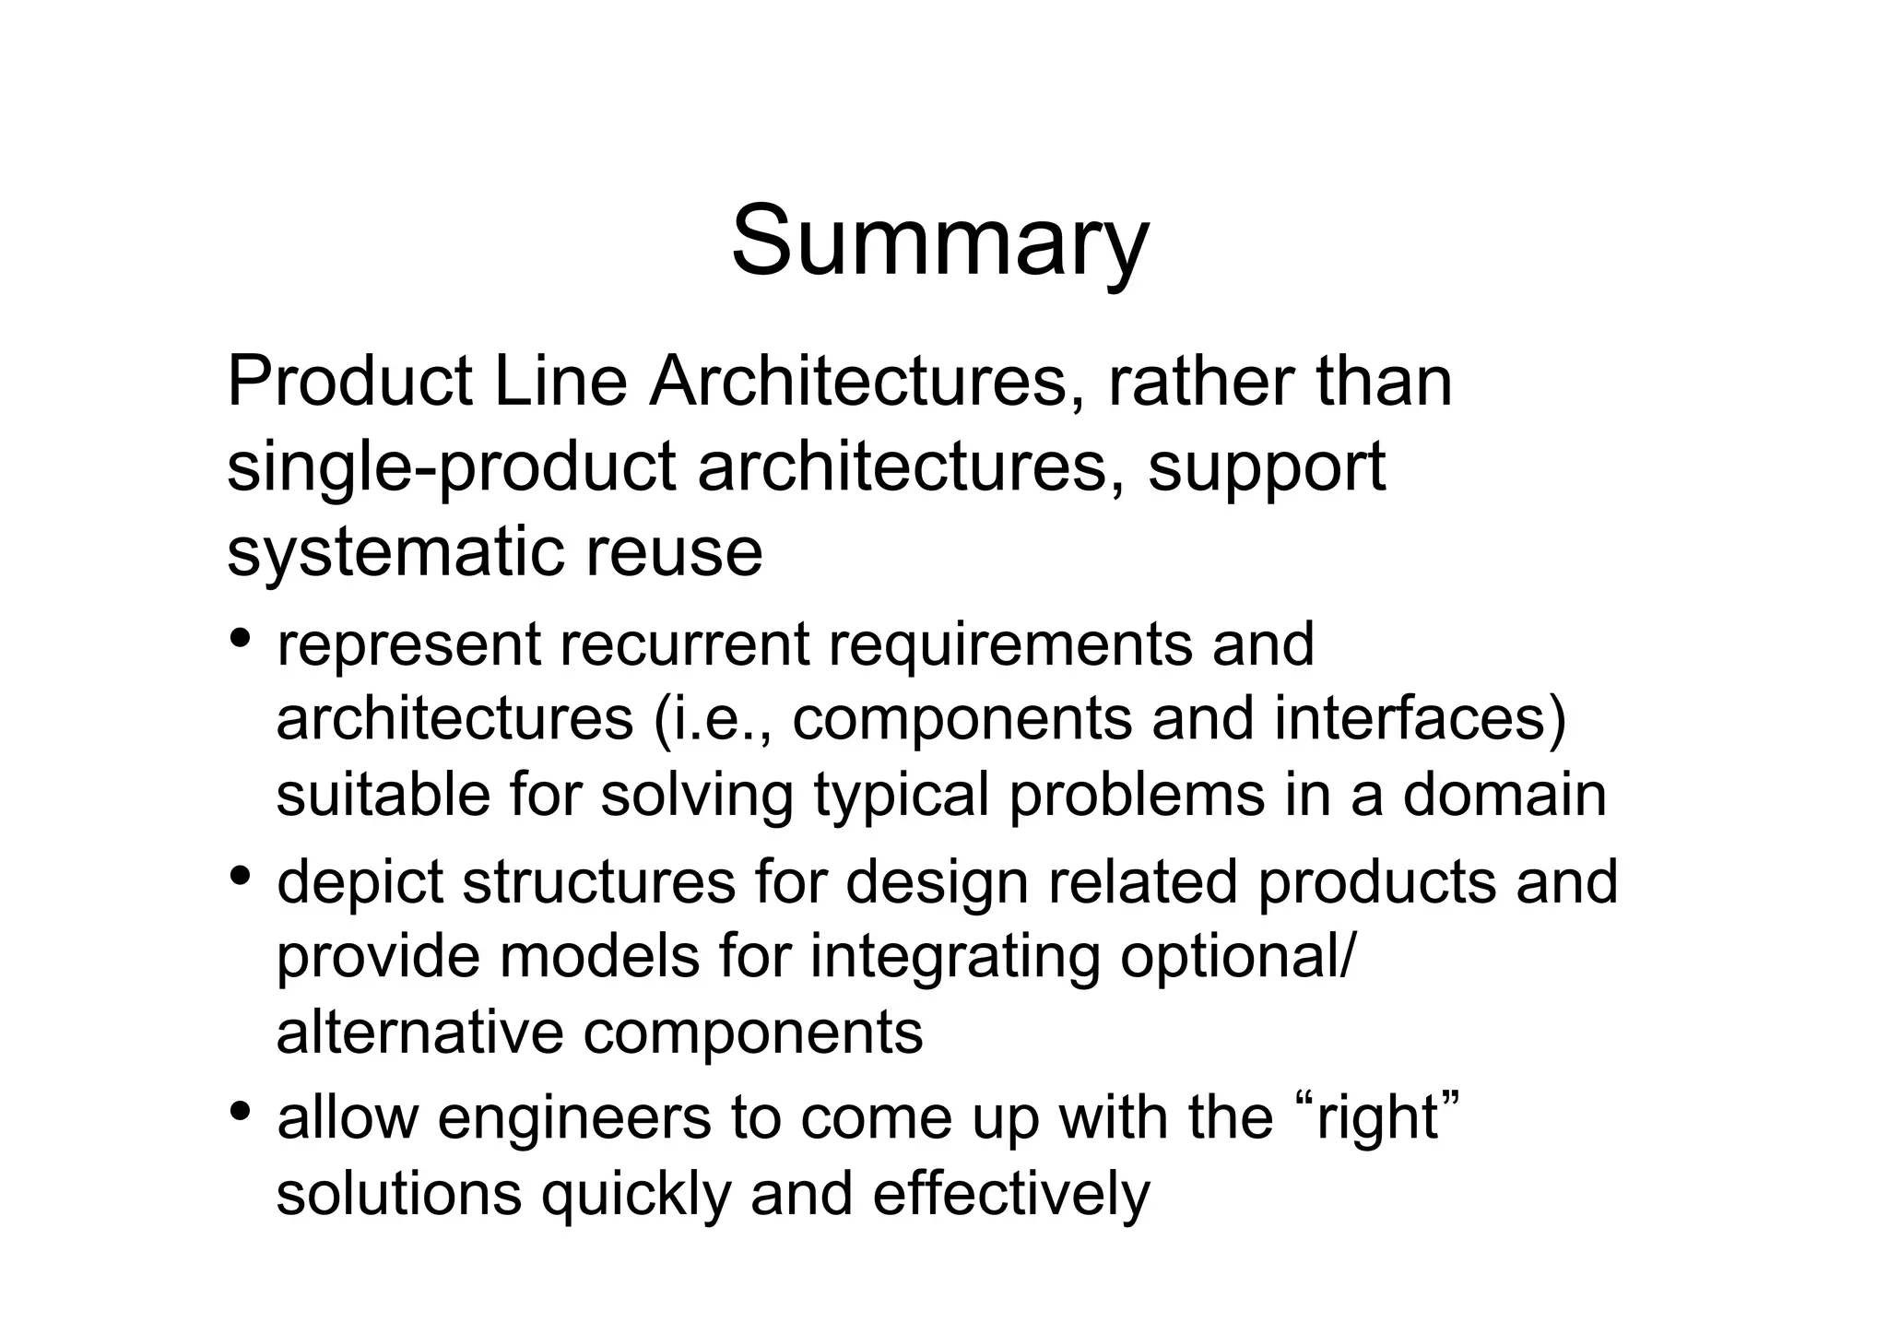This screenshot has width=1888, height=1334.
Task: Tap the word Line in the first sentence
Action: point(560,383)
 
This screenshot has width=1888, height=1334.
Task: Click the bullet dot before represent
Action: point(241,637)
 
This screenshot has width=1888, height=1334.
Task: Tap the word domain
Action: point(1504,795)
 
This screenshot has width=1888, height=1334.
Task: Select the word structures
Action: point(598,881)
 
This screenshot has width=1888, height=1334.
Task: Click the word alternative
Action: point(419,1033)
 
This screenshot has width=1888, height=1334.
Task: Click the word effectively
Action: point(1010,1193)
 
